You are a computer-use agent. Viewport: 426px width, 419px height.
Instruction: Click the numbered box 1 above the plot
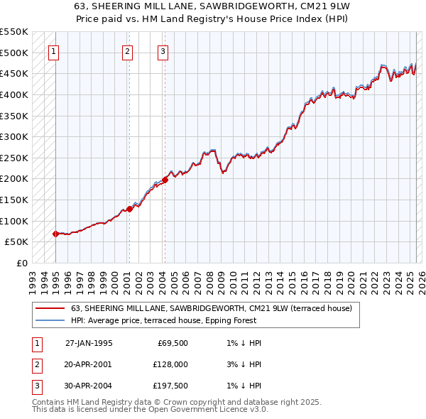[54, 50]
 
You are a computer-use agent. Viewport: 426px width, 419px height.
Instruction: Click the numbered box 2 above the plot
[126, 50]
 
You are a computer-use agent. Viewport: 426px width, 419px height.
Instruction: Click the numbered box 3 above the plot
[163, 50]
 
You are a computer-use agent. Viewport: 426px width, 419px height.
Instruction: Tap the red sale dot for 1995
[55, 234]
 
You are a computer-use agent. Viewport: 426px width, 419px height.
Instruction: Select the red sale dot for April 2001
[129, 209]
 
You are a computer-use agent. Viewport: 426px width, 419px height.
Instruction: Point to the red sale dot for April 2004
[165, 180]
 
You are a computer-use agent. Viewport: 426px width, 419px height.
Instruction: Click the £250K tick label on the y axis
[13, 158]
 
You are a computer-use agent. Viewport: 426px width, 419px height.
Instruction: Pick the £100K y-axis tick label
[13, 221]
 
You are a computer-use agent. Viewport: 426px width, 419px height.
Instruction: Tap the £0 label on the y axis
[22, 263]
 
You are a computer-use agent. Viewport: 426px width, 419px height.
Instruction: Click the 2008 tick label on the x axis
[213, 281]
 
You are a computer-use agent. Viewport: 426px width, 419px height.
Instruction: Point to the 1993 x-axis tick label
[33, 281]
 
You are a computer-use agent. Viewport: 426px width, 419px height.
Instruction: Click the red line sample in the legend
[50, 309]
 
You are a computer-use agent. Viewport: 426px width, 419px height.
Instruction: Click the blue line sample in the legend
[50, 320]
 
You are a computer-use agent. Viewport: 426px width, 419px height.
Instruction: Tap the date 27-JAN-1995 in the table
[89, 343]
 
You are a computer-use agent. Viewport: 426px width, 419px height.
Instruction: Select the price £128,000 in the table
[170, 364]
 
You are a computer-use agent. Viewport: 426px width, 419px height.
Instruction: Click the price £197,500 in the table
[170, 386]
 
